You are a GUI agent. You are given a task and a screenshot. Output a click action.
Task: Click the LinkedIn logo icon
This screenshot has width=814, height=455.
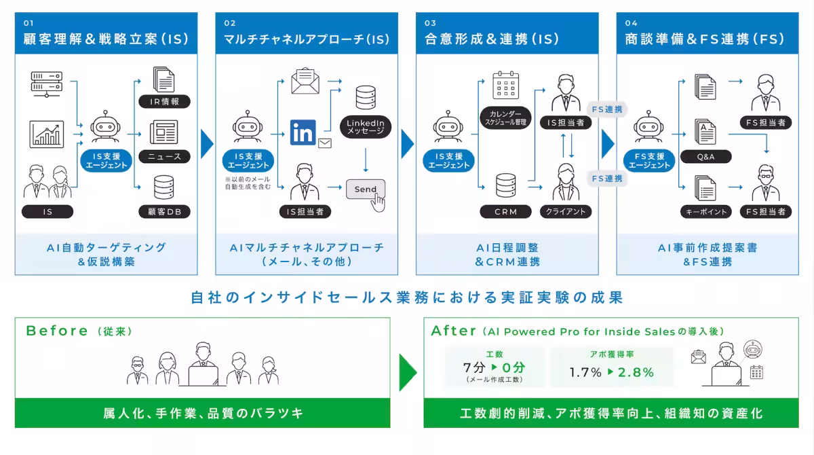click(303, 132)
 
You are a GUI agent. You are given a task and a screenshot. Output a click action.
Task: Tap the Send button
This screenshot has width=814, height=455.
click(365, 189)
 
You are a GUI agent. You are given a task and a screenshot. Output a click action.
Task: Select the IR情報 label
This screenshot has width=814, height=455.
click(164, 101)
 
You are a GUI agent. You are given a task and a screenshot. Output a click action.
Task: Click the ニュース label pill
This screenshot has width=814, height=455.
click(164, 157)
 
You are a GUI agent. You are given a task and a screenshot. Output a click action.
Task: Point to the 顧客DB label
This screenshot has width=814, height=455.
click(164, 212)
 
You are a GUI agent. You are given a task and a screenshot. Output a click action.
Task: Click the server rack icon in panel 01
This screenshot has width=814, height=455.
click(47, 84)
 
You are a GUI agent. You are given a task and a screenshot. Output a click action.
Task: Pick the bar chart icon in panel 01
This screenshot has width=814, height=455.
click(47, 134)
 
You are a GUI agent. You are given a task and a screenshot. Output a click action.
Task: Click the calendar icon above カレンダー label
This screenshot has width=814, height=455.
click(505, 85)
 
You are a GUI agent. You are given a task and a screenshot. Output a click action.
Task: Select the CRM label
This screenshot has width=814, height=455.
click(505, 212)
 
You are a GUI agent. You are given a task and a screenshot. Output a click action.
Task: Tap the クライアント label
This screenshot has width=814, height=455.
click(566, 212)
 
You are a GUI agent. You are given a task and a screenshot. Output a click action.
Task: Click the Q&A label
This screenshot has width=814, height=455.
click(705, 157)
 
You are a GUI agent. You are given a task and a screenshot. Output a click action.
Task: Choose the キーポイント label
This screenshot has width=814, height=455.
click(705, 212)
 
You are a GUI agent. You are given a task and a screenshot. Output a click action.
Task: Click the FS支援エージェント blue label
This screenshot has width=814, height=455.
click(649, 161)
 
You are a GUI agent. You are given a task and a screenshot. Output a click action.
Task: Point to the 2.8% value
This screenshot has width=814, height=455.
click(636, 372)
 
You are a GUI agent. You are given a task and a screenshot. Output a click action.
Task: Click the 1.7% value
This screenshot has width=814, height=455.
click(585, 372)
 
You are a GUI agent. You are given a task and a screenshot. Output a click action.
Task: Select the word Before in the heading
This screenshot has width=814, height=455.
click(57, 331)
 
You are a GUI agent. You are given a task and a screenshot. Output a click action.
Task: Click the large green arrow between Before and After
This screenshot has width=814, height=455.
click(408, 372)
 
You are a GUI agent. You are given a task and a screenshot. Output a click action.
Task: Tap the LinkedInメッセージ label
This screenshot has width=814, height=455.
click(365, 127)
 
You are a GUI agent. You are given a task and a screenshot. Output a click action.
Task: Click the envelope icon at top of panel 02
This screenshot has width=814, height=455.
click(305, 81)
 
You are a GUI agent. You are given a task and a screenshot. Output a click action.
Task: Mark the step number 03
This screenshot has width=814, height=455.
click(430, 23)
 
